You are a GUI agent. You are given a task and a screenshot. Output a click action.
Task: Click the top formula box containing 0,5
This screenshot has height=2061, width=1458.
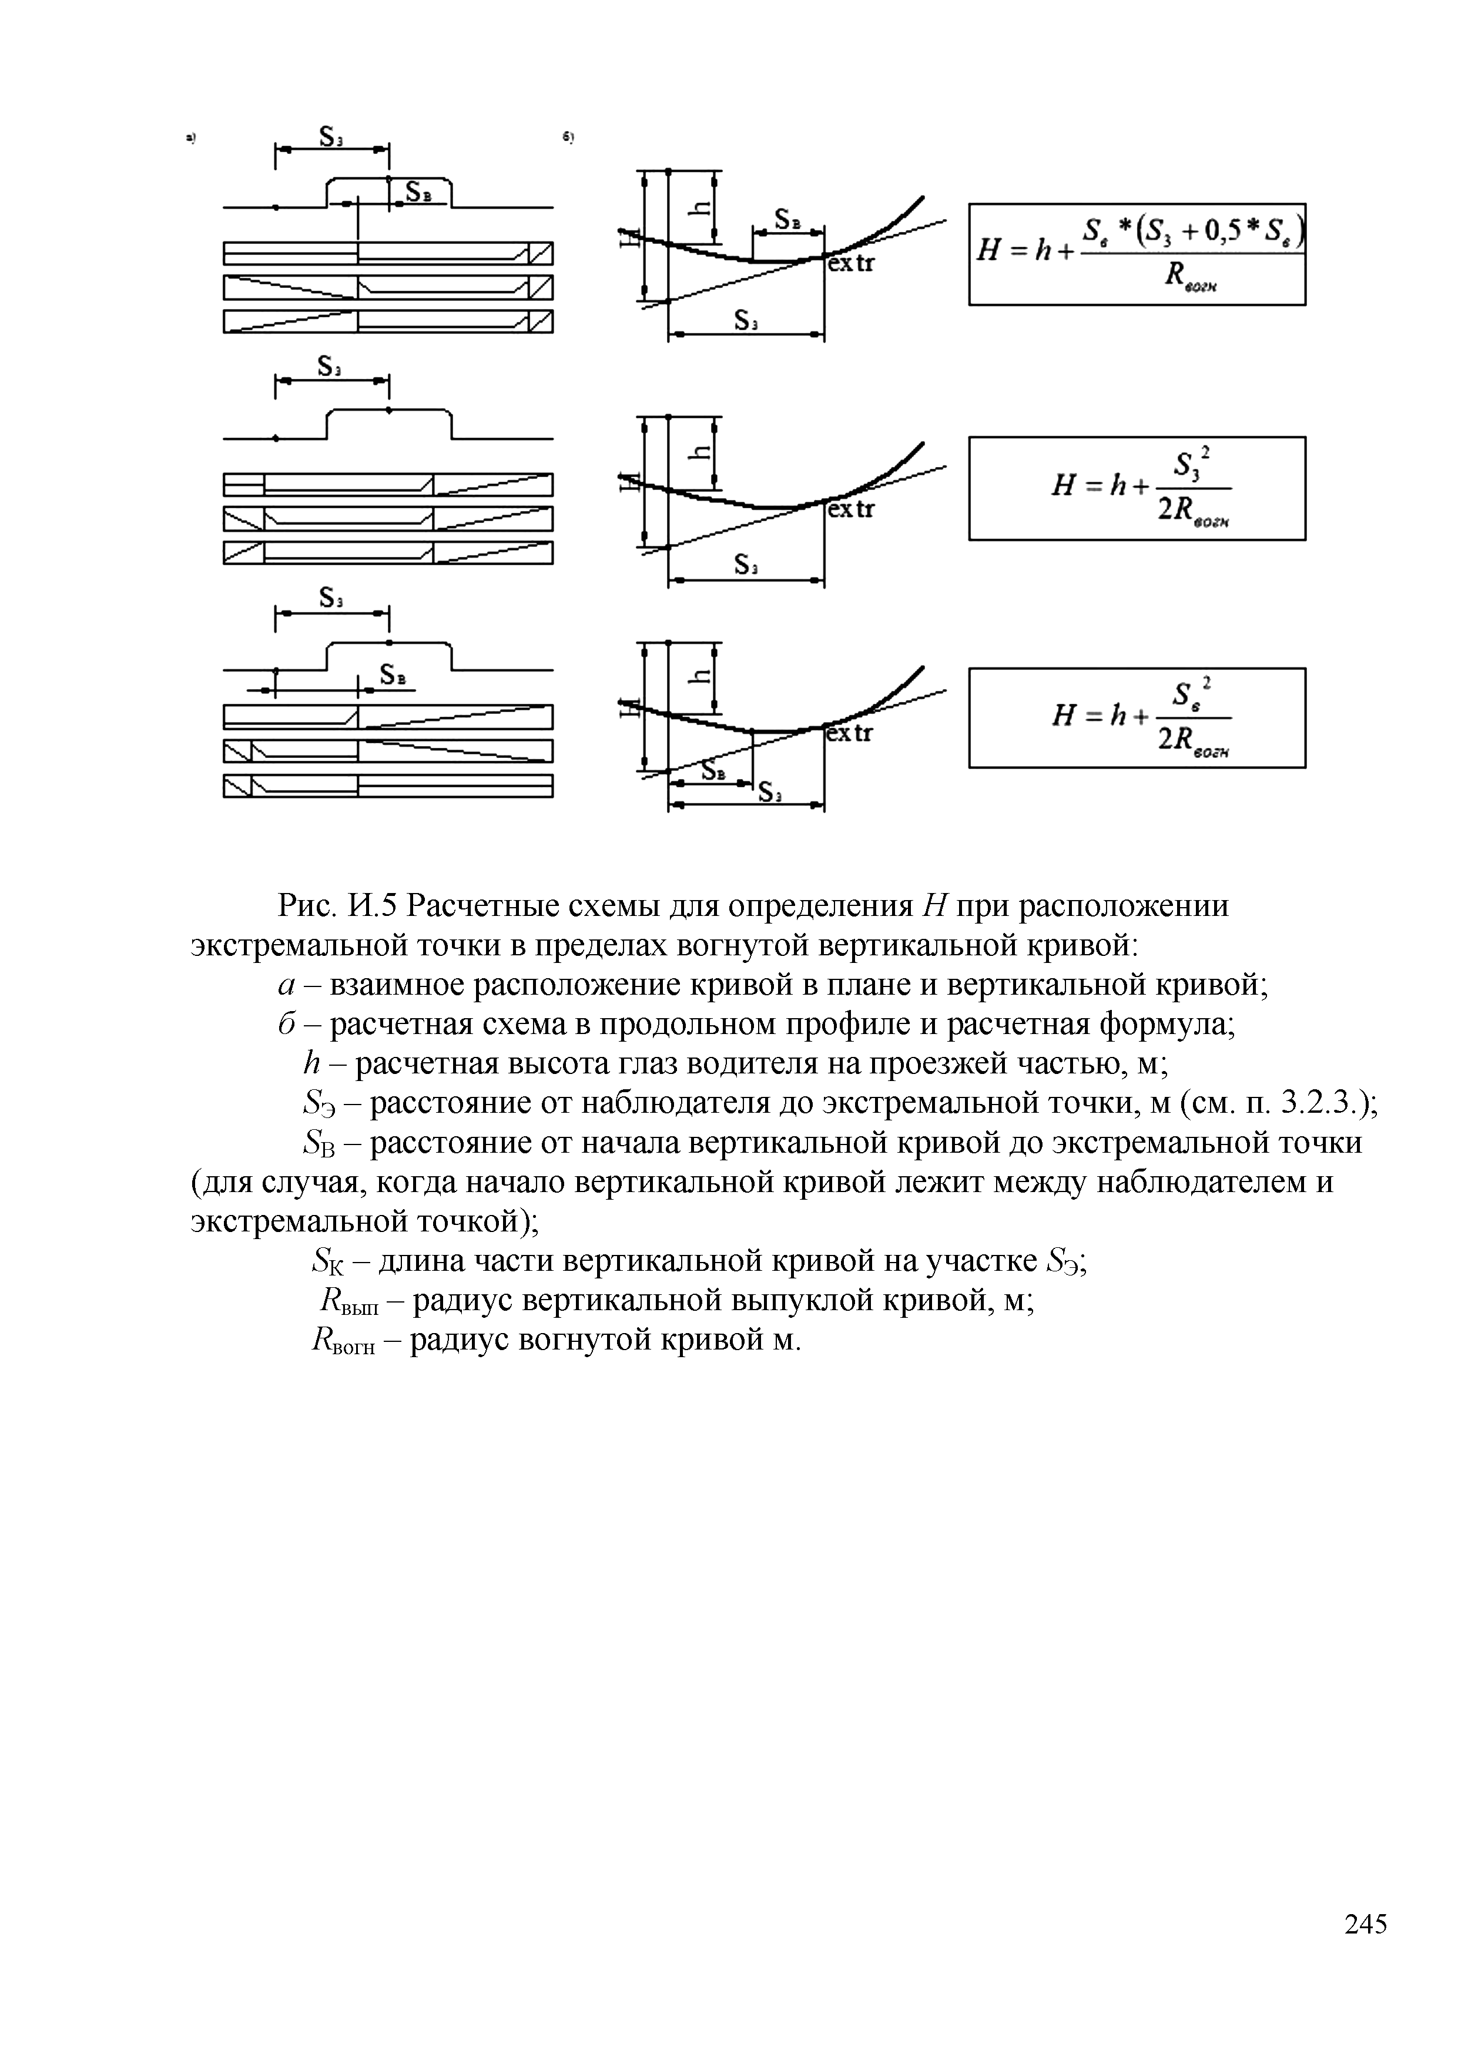[1137, 254]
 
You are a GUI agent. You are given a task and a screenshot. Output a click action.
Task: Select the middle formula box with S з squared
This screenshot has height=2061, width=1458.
[1137, 488]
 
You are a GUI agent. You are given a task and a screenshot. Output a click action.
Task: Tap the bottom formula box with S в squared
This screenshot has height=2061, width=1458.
[1137, 718]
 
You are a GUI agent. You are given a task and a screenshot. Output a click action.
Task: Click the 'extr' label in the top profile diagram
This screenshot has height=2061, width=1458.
[850, 265]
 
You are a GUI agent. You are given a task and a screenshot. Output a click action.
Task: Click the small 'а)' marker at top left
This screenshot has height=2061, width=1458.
[190, 138]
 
